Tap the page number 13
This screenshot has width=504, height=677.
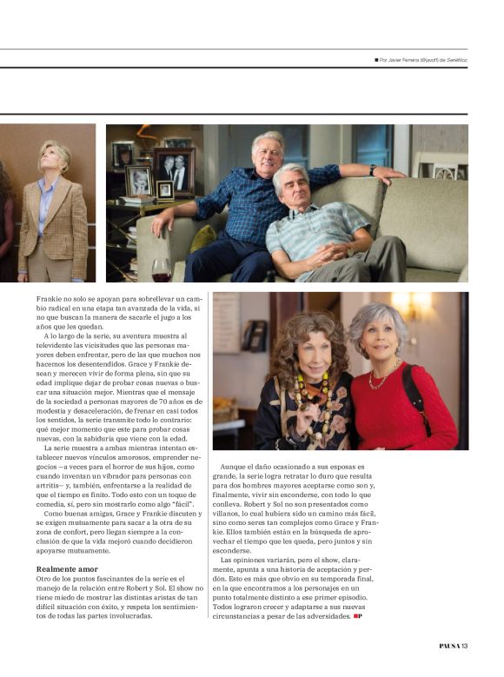point(465,646)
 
